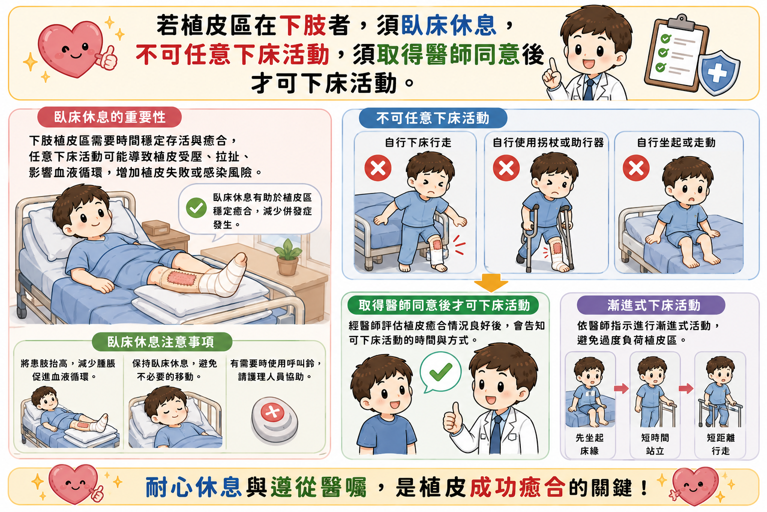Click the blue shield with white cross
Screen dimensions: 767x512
[x=718, y=72]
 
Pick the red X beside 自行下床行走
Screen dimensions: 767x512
[x=378, y=168]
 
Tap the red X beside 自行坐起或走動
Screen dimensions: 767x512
[x=636, y=168]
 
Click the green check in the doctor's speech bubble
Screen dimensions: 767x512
[x=441, y=371]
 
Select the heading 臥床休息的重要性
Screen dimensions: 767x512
[x=109, y=117]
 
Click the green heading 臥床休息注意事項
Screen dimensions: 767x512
[x=161, y=342]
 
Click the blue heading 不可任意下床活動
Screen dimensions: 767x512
[x=433, y=118]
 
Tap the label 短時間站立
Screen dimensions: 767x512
[x=655, y=444]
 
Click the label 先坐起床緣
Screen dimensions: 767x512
[x=589, y=444]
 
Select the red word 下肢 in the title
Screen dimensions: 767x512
[x=303, y=25]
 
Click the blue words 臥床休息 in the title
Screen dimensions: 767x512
[x=448, y=25]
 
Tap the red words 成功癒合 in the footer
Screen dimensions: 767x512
[x=516, y=487]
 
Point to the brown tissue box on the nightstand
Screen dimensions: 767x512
[x=156, y=228]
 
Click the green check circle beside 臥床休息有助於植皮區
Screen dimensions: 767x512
[x=196, y=208]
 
